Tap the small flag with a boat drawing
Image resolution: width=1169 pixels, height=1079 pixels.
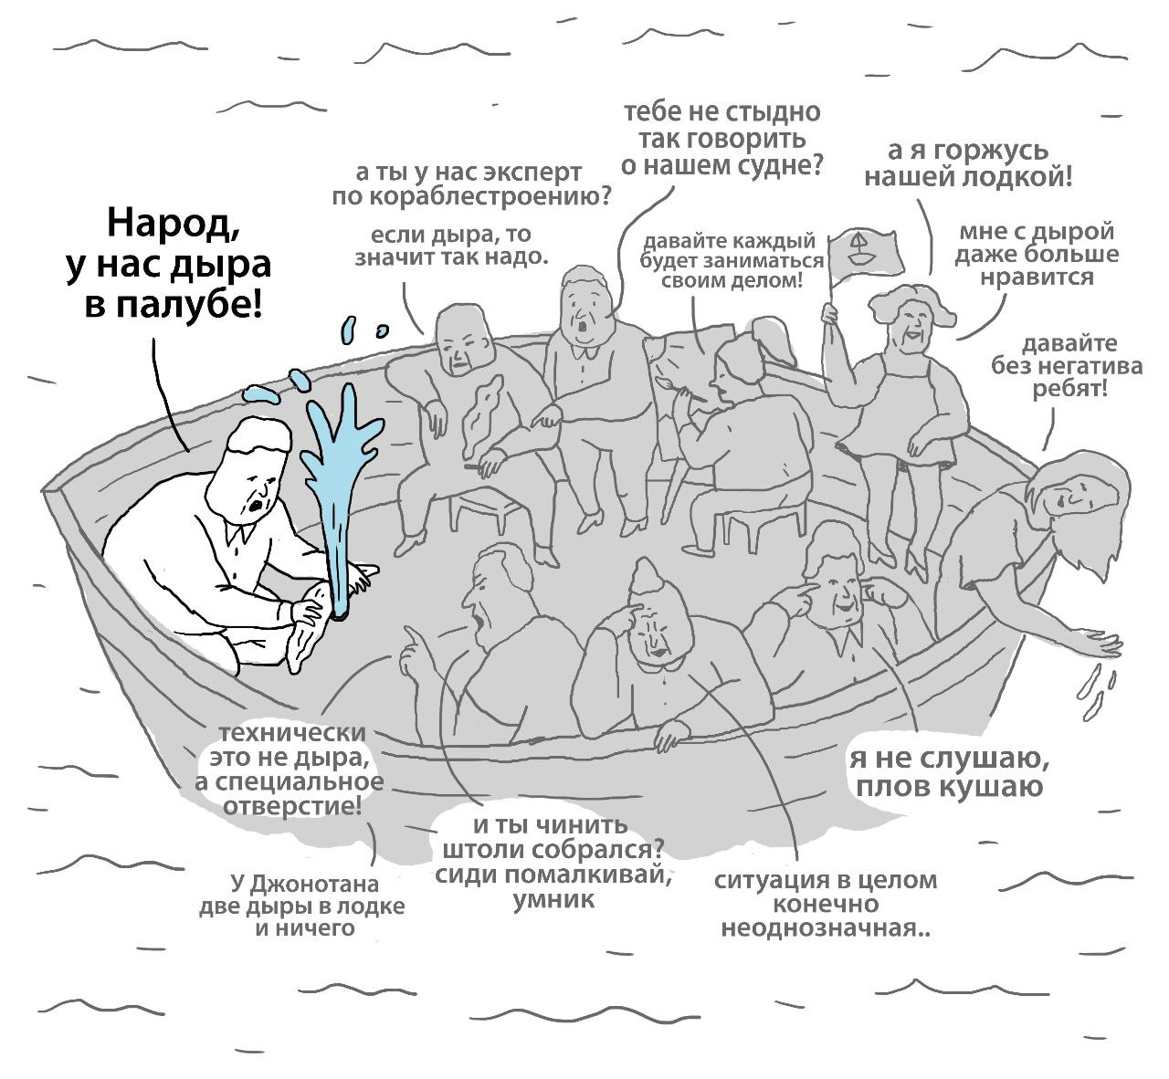coord(862,248)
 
